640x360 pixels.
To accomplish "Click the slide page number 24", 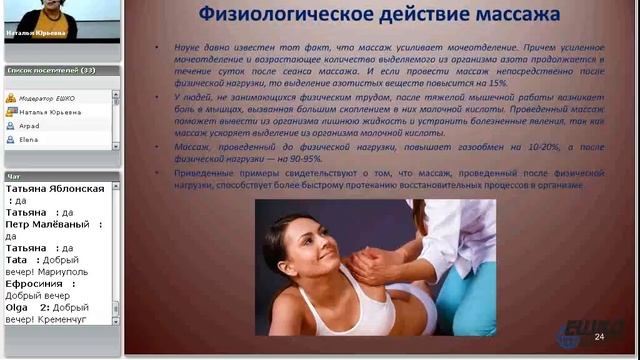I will coord(599,337).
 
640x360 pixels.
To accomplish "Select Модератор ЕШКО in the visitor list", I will coord(49,98).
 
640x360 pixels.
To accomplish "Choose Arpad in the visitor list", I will coord(29,127).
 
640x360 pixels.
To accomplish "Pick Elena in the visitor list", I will coord(29,142).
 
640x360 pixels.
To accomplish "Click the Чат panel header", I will coord(14,176).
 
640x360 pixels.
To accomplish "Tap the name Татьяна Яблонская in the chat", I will coord(54,188).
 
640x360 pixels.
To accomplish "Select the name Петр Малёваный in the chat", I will coord(47,224).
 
